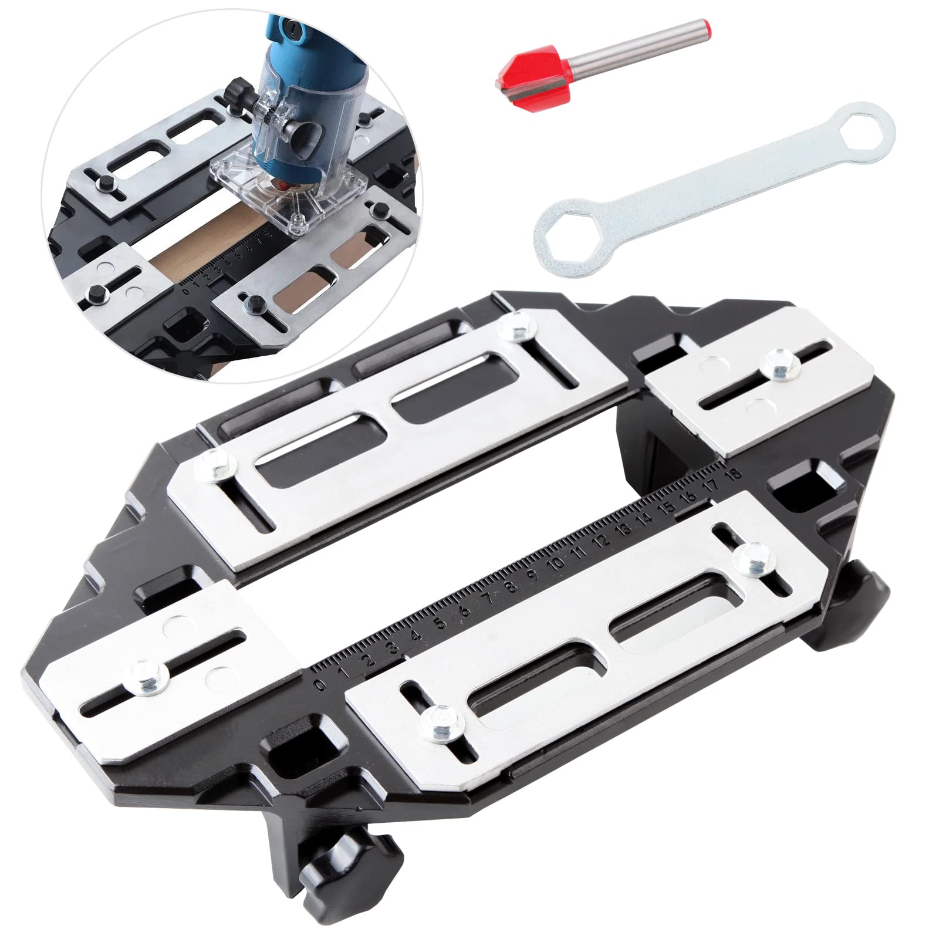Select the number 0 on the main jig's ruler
320,685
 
